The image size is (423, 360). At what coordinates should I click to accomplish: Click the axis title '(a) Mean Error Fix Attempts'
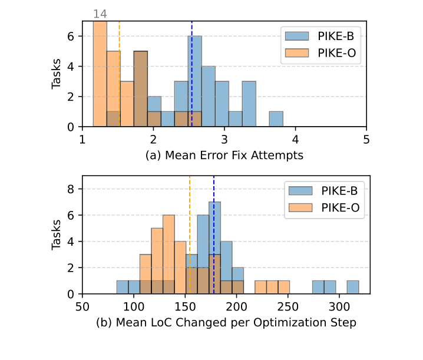click(224, 156)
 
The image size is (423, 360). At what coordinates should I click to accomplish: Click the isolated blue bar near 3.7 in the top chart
click(276, 119)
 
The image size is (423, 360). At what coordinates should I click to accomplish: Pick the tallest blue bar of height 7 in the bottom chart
click(215, 247)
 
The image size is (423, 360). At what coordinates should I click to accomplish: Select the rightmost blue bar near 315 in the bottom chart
click(353, 287)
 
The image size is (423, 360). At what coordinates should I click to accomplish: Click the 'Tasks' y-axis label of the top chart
click(57, 74)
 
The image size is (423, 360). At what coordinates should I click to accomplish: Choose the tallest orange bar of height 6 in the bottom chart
click(168, 254)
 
